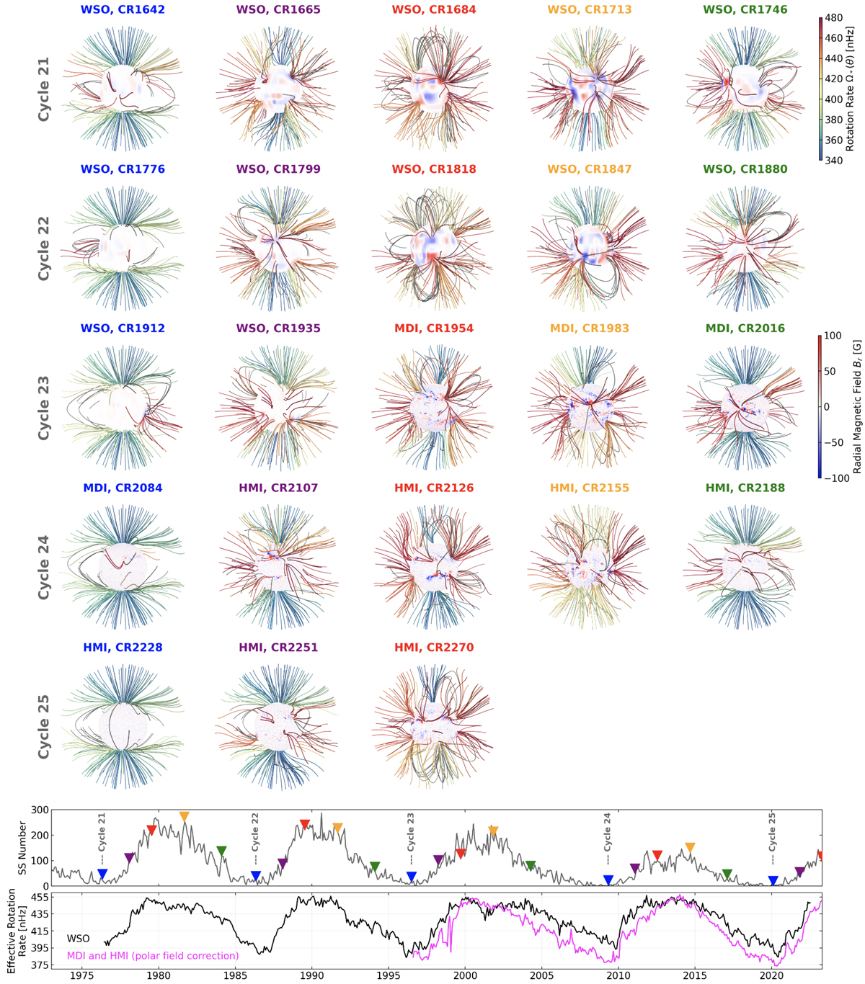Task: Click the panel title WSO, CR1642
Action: pyautogui.click(x=123, y=10)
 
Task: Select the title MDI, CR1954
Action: pyautogui.click(x=433, y=328)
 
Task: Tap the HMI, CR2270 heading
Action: pyautogui.click(x=433, y=648)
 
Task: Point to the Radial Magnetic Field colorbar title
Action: pyautogui.click(x=857, y=406)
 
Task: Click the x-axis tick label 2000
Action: pyautogui.click(x=465, y=976)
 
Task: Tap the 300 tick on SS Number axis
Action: pyautogui.click(x=40, y=810)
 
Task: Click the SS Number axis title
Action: pyautogui.click(x=22, y=847)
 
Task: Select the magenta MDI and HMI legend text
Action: pyautogui.click(x=152, y=956)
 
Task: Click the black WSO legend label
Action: pyautogui.click(x=78, y=939)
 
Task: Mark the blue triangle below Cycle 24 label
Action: pyautogui.click(x=608, y=880)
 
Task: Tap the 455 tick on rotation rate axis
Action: pyautogui.click(x=39, y=898)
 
